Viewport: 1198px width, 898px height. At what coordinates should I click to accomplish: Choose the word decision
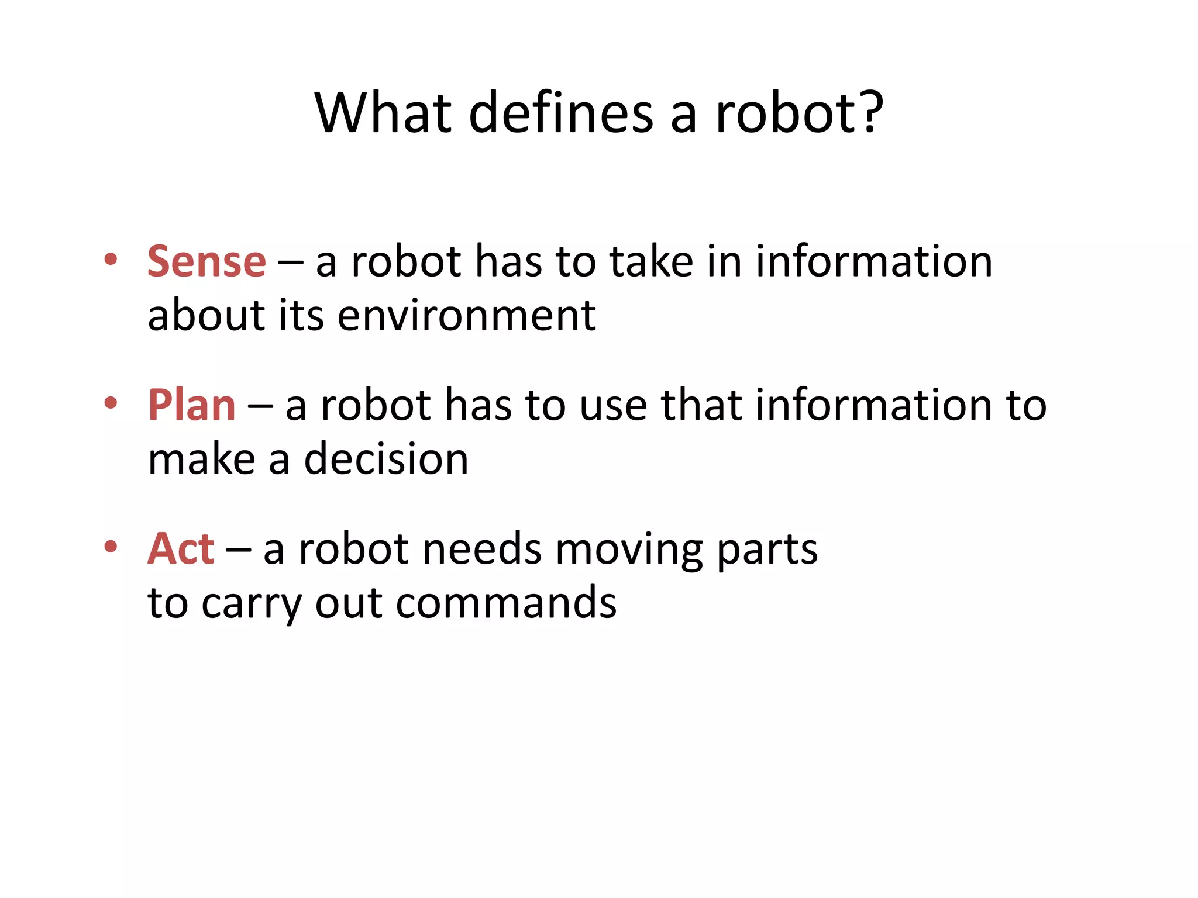point(386,459)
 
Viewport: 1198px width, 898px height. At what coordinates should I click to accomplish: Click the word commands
point(506,603)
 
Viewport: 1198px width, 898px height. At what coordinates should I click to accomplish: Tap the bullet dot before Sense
point(111,258)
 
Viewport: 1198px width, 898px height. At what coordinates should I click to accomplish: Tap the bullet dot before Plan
point(111,402)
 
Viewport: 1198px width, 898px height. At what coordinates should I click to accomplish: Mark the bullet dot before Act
point(111,546)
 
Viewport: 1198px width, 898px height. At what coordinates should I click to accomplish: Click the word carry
point(252,604)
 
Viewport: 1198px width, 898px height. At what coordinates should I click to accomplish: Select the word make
point(202,459)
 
